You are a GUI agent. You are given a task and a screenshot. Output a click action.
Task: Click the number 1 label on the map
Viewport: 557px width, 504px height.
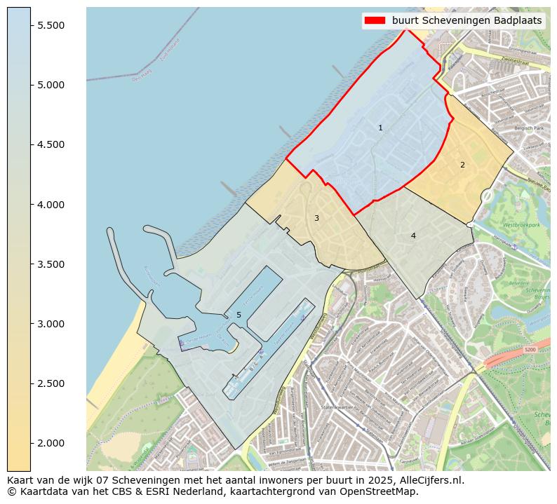point(380,128)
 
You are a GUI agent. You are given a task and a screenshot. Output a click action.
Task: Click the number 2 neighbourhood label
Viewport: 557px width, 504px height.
point(462,165)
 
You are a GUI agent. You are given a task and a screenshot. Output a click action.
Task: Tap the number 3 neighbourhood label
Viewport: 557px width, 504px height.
point(316,219)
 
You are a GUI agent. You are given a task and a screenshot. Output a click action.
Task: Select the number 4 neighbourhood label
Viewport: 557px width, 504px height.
point(413,236)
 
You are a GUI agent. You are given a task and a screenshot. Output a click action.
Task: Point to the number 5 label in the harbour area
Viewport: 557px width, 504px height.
point(239,315)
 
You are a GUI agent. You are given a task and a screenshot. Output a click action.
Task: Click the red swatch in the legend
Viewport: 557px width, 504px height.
point(375,21)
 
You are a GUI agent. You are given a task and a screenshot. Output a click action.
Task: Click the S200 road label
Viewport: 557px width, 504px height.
point(530,349)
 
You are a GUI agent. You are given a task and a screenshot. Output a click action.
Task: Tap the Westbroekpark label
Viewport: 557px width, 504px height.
point(521,226)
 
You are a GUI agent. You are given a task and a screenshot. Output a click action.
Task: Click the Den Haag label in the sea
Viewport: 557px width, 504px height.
point(141,76)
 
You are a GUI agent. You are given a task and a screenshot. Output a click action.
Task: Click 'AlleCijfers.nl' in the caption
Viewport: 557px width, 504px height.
point(430,481)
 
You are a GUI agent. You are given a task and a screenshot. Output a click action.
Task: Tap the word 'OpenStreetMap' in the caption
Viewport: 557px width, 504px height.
point(383,492)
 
